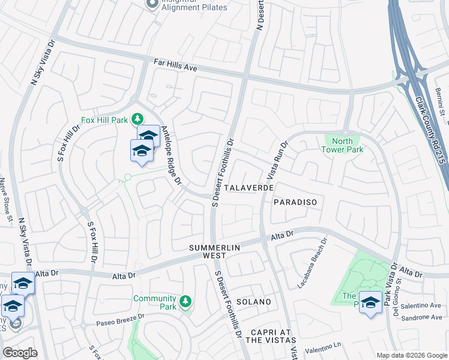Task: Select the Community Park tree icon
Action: pos(186,299)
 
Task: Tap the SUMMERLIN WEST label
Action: pos(215,251)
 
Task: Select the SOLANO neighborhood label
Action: pos(253,302)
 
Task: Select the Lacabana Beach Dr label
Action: pos(313,264)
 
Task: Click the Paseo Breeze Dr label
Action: pos(121,321)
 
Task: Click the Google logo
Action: pos(20,353)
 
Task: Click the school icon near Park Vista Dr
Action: pos(370,302)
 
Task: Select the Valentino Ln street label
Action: pos(322,347)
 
